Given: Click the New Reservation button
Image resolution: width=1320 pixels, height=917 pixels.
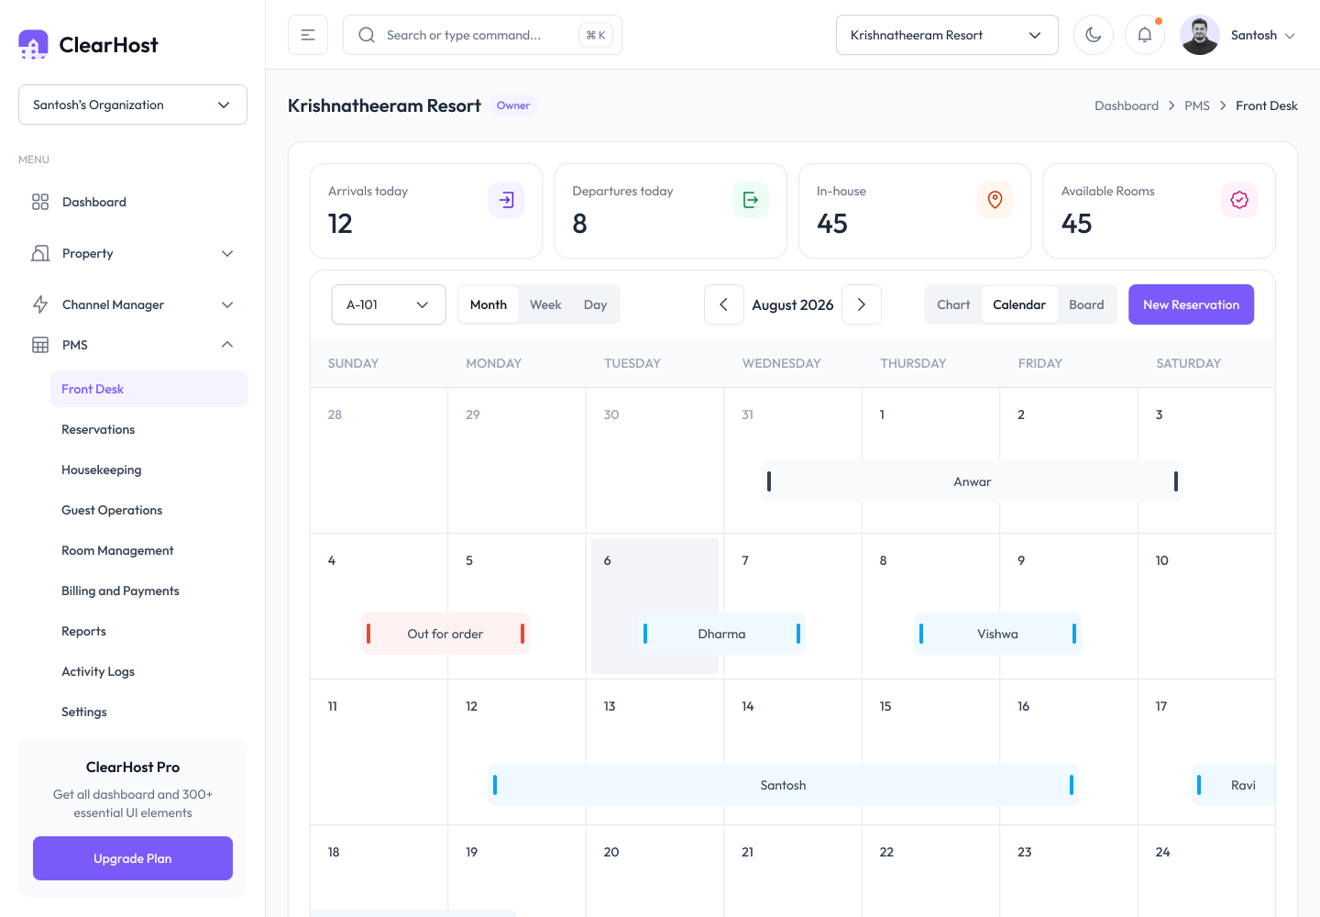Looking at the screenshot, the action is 1191,304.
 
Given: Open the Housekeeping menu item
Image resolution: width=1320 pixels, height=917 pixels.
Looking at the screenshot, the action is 102,470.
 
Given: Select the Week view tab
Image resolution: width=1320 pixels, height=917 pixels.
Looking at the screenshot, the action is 545,304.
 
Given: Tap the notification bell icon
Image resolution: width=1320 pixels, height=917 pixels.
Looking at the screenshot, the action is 1144,36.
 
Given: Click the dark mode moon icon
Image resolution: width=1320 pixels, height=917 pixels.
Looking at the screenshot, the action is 1093,36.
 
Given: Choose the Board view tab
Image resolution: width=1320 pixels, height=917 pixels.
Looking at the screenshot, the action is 1086,304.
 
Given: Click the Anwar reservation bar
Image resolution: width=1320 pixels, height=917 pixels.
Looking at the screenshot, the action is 973,481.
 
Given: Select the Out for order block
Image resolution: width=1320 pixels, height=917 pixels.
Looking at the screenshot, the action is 445,634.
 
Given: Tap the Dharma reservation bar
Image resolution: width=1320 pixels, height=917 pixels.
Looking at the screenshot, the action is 721,634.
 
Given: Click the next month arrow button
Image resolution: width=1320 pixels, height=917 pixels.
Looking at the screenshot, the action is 862,304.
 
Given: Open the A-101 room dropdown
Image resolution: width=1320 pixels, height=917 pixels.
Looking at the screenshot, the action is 389,304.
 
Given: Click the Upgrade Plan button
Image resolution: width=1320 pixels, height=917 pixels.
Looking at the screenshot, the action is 133,858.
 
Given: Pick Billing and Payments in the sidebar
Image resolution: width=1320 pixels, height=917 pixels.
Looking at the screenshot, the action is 120,591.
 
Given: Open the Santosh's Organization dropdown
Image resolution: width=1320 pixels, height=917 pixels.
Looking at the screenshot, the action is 133,105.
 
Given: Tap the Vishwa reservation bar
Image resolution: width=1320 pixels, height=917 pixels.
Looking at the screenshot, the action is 997,634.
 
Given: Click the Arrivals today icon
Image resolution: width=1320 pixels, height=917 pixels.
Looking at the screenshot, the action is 506,200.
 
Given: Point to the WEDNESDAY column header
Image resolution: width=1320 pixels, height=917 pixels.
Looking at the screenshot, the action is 781,363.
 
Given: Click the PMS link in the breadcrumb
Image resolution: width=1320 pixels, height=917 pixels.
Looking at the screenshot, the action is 1197,105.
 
